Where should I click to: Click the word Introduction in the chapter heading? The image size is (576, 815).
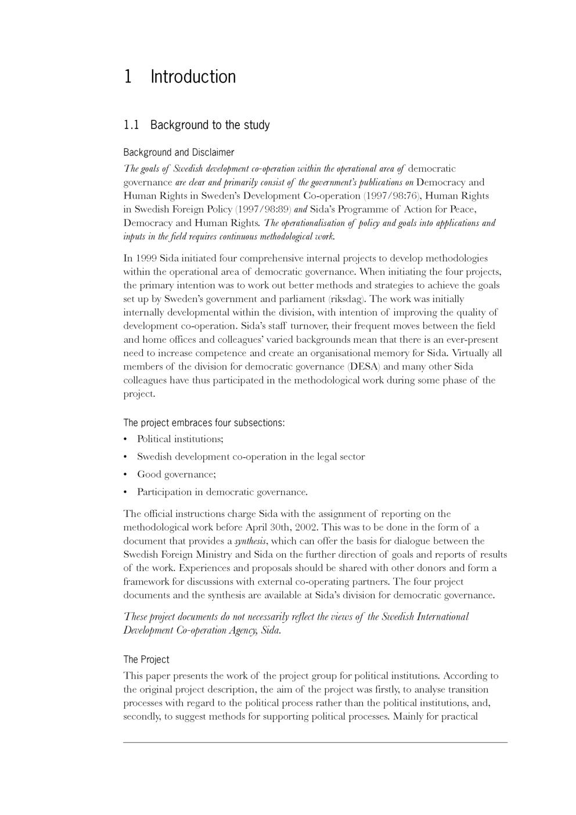point(193,77)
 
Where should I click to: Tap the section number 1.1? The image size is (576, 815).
point(131,125)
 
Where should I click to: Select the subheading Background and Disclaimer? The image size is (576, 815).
point(178,153)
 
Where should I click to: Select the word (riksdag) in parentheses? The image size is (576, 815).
point(347,299)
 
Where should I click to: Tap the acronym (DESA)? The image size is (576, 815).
point(364,367)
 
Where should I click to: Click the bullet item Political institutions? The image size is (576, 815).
point(180,439)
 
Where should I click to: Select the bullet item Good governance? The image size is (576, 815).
point(176,475)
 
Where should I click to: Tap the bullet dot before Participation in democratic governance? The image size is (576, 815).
point(125,493)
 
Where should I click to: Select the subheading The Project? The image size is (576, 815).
point(146,660)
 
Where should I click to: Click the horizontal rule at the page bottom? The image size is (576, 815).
point(315,742)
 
